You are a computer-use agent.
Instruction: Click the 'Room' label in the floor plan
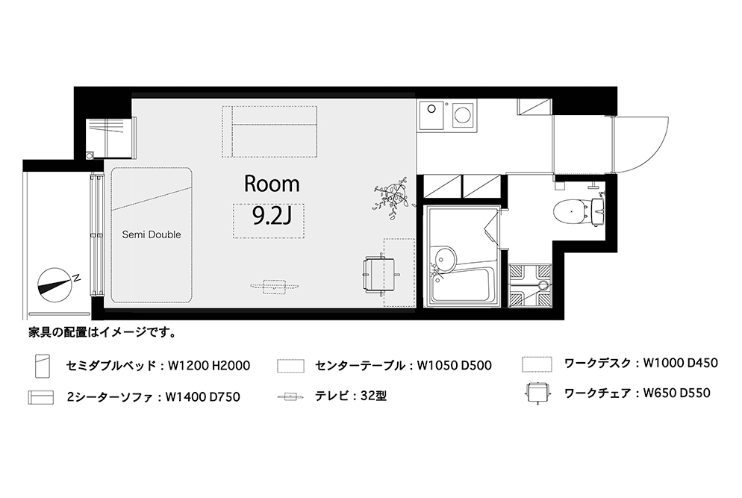click(272, 184)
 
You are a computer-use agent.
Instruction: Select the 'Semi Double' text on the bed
click(152, 234)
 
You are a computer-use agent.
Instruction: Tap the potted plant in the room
click(391, 194)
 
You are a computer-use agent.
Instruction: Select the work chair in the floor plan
click(381, 275)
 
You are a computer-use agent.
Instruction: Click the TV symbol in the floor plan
click(275, 287)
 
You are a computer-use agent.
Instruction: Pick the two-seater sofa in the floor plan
click(269, 131)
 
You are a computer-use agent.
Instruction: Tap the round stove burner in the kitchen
click(461, 114)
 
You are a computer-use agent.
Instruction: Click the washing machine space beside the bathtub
click(530, 285)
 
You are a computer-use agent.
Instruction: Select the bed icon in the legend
click(43, 365)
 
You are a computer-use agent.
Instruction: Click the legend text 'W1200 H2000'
click(209, 365)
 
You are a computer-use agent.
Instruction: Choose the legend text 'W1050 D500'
click(455, 365)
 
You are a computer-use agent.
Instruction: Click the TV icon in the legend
click(290, 396)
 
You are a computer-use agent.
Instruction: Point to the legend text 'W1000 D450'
click(681, 363)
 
